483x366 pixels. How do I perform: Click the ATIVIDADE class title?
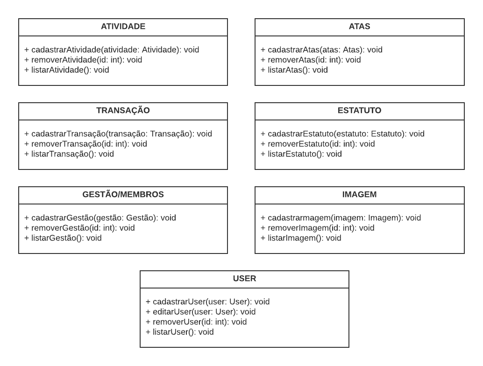tap(123, 27)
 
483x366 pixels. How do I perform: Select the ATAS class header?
tap(359, 27)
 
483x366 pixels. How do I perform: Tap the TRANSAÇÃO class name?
tap(123, 110)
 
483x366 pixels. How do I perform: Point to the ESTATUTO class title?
tap(359, 111)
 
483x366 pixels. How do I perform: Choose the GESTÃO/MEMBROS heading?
tap(123, 194)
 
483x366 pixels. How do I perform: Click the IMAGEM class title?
tap(359, 195)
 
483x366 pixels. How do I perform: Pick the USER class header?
tap(244, 279)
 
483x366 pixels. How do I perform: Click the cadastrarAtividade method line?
tap(112, 50)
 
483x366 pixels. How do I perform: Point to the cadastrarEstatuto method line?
tap(342, 134)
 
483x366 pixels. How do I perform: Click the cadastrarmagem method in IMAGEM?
tap(341, 218)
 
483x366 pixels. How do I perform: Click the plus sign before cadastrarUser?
tap(148, 302)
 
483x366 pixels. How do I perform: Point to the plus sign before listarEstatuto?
tap(263, 154)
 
